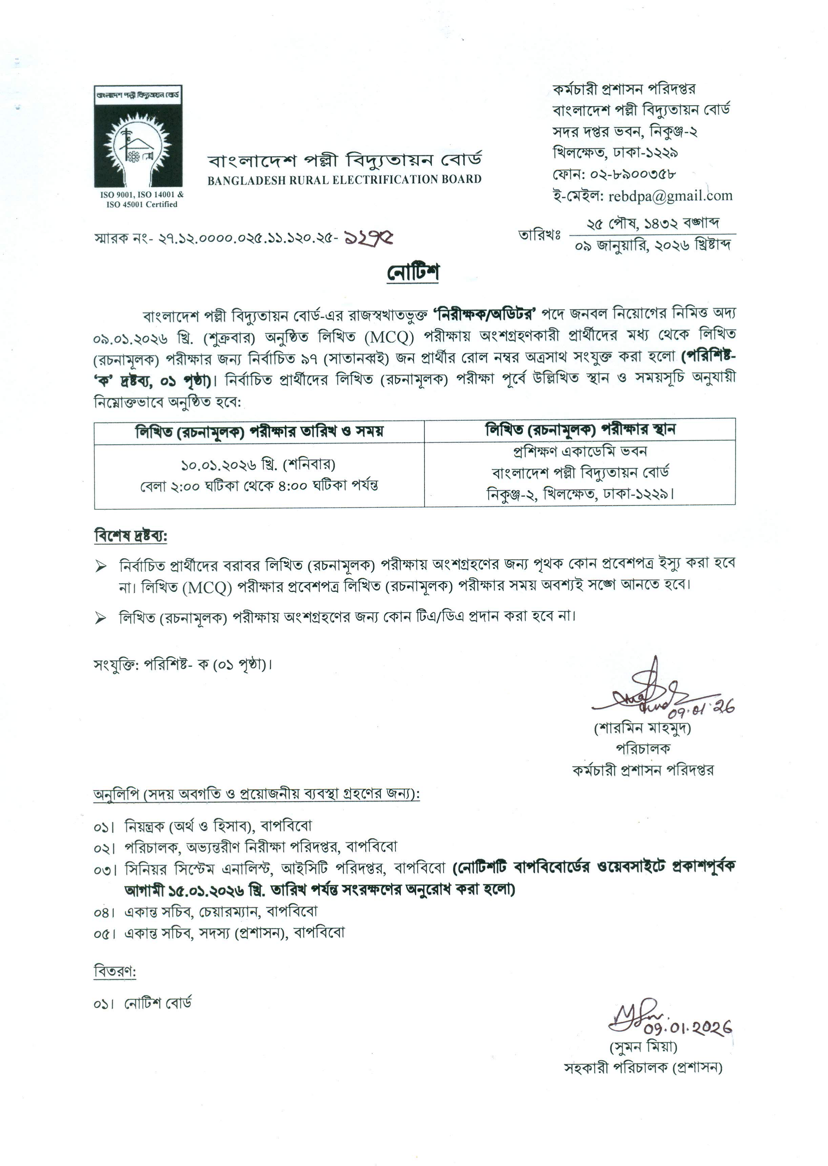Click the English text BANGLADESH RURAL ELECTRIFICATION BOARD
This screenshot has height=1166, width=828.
(344, 180)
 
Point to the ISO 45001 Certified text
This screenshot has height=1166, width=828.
(142, 205)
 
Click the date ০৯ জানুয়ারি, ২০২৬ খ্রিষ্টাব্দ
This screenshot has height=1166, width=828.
(653, 246)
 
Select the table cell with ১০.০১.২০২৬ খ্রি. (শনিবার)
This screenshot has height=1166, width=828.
(259, 464)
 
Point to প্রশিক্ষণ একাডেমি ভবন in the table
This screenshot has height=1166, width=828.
(580, 452)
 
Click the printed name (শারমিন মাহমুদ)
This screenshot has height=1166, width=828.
(642, 728)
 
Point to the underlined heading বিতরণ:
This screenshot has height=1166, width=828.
(115, 971)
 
